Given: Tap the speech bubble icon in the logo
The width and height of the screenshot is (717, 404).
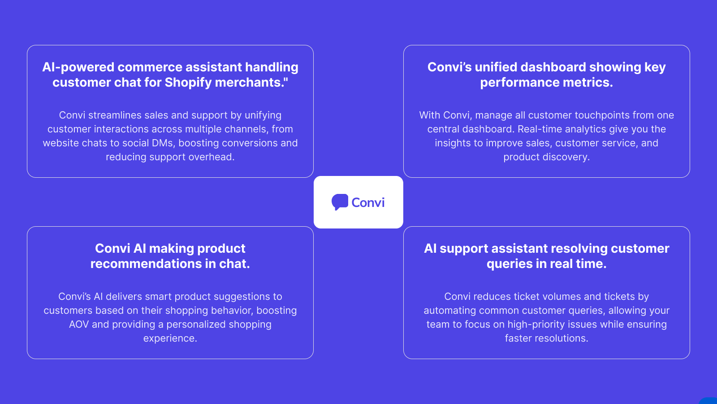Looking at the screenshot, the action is click(340, 202).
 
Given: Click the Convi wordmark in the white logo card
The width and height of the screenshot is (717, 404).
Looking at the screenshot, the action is click(368, 202).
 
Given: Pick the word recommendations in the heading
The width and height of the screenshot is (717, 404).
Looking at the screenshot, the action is click(146, 264).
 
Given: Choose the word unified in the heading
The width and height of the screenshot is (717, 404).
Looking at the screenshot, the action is click(496, 67).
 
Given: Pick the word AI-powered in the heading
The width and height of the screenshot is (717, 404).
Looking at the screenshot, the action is click(78, 67).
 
